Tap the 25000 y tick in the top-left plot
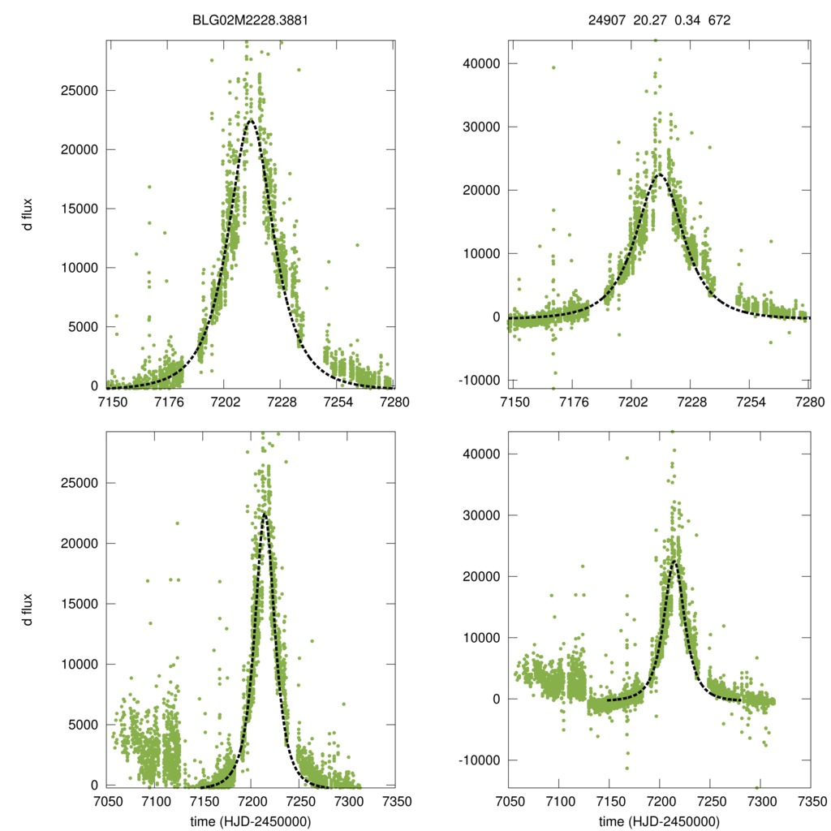coord(80,90)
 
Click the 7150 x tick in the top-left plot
coord(111,402)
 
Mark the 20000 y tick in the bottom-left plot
coord(80,543)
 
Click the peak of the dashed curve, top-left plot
coord(251,120)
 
